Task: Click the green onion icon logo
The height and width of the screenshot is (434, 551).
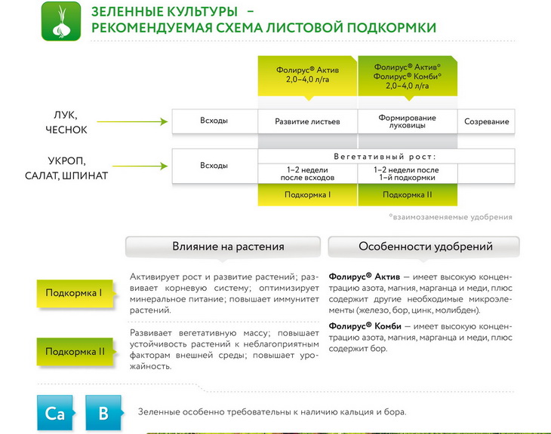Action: click(x=61, y=21)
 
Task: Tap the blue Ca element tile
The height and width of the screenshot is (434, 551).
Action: click(x=55, y=413)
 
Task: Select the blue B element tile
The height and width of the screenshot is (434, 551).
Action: click(x=104, y=413)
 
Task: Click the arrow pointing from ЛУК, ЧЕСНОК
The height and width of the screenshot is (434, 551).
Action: click(x=132, y=122)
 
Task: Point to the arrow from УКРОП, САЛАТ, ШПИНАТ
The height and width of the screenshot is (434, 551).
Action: click(x=140, y=166)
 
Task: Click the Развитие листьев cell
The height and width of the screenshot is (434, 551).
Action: click(x=307, y=121)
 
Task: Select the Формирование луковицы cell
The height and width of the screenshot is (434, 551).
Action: click(x=408, y=121)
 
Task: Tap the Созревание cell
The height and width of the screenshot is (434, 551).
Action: click(x=486, y=121)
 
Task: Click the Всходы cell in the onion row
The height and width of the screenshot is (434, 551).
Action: click(x=214, y=121)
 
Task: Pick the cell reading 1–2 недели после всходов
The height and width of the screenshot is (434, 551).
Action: click(x=307, y=173)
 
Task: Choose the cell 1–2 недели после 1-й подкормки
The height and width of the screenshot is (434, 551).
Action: click(x=408, y=173)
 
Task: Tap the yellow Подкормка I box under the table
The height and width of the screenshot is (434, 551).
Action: click(x=307, y=194)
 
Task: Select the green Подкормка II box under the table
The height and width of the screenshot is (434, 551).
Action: click(x=408, y=194)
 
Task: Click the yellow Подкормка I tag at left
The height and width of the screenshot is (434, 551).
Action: click(x=75, y=293)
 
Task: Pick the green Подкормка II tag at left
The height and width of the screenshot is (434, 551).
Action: click(x=75, y=352)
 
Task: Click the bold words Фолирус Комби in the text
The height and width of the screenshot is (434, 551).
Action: click(x=365, y=326)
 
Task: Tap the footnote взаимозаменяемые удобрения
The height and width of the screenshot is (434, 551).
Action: click(x=451, y=217)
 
